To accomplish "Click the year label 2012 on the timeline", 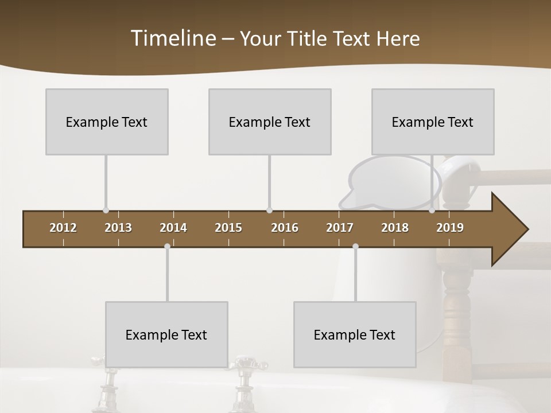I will click(63, 228).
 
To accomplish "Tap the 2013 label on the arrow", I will click(118, 228).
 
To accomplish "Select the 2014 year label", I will click(173, 228).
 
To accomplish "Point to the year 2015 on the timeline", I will click(228, 228).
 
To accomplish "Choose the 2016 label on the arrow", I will click(285, 228).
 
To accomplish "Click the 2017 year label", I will click(340, 228).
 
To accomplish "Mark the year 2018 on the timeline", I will click(395, 228).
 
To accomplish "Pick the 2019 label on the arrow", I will click(450, 228).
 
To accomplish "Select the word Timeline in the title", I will click(173, 38).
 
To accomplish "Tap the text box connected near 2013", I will click(107, 122).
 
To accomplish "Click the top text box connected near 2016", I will click(270, 122).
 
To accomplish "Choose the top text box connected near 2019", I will click(433, 122).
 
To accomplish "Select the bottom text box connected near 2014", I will click(166, 334).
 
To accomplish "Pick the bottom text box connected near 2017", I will click(355, 334).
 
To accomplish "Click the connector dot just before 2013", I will click(106, 211).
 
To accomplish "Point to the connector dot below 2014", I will click(167, 246).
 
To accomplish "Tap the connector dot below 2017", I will click(355, 246).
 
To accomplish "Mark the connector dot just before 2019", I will click(432, 211).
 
